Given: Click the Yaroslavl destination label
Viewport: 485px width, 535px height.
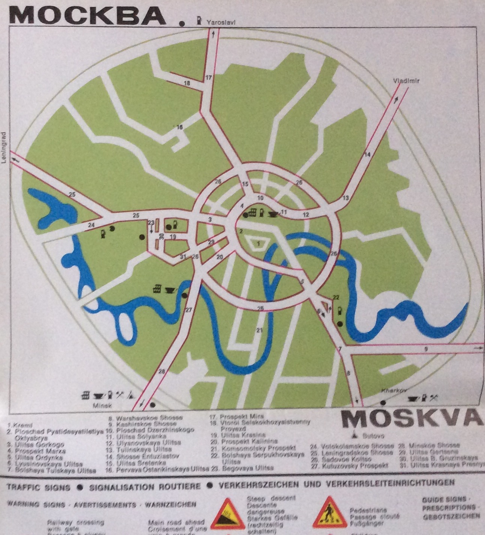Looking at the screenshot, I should pyautogui.click(x=221, y=22).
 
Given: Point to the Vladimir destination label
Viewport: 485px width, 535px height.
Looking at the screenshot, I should pyautogui.click(x=406, y=81).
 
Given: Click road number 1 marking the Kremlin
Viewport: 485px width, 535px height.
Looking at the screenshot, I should pyautogui.click(x=258, y=243).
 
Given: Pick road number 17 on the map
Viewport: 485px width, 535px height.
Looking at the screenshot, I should pyautogui.click(x=209, y=78).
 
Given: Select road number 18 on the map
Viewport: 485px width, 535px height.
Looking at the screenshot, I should pyautogui.click(x=187, y=83).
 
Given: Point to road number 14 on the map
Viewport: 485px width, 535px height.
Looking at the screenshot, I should pyautogui.click(x=367, y=155).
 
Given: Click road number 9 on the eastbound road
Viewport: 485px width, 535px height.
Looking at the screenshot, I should pyautogui.click(x=425, y=349).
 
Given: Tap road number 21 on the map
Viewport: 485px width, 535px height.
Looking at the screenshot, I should pyautogui.click(x=259, y=330).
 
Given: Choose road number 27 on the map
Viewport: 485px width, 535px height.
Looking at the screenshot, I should pyautogui.click(x=188, y=310).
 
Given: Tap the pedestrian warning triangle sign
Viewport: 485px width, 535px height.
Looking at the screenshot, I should pyautogui.click(x=329, y=512).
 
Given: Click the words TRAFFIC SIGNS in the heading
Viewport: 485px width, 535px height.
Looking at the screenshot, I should pyautogui.click(x=38, y=487).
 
